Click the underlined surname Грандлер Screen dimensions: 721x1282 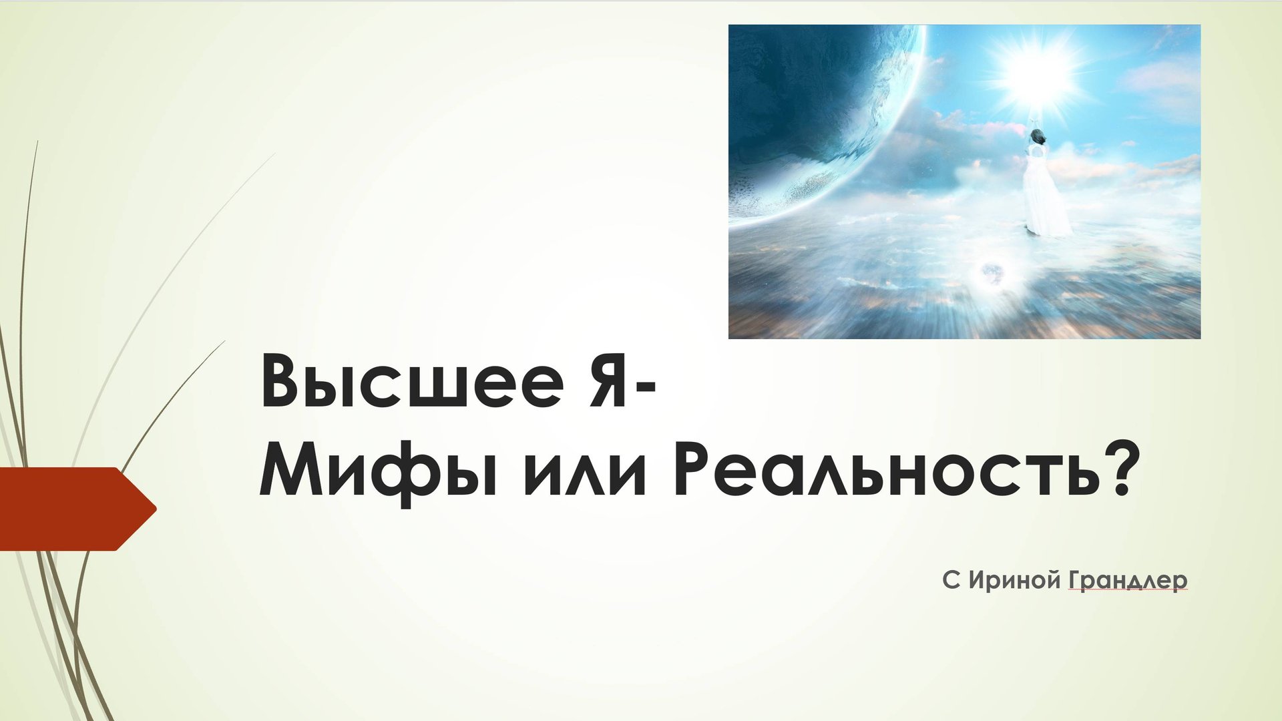(1128, 580)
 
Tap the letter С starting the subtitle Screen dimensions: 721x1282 (951, 579)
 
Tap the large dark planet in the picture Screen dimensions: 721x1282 (815, 100)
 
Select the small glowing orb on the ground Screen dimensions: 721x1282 (991, 272)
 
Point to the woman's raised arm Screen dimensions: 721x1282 (1034, 120)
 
